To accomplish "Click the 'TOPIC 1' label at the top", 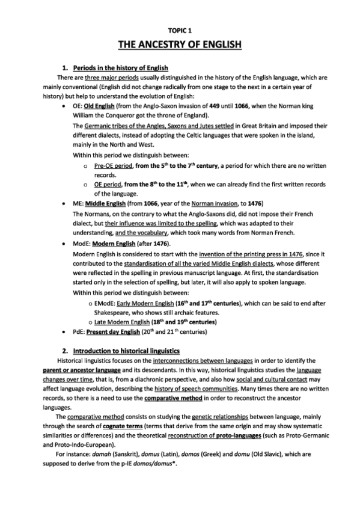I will pos(180,29).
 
